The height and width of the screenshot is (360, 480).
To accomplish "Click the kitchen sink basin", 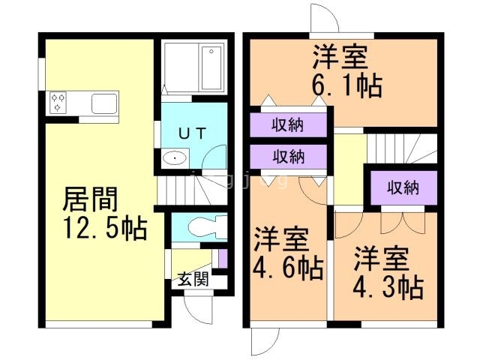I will tap(103, 102).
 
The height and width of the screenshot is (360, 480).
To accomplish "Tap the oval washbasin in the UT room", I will tap(174, 158).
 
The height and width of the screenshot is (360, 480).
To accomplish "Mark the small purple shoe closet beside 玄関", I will tap(222, 259).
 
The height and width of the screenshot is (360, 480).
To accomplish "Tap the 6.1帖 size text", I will tap(346, 84).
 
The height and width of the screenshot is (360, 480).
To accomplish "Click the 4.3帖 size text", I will tap(387, 286).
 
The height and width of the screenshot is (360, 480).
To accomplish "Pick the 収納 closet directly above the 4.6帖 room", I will tap(288, 157).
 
